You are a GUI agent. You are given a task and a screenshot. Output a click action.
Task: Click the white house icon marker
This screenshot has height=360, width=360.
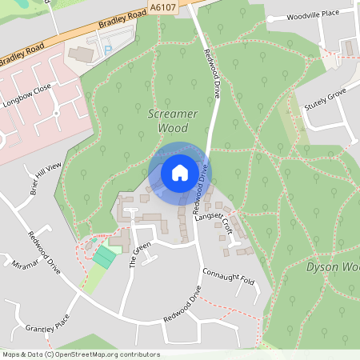pyautogui.click(x=179, y=172)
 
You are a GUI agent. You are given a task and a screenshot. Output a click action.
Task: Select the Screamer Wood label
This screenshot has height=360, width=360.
pyautogui.click(x=173, y=120)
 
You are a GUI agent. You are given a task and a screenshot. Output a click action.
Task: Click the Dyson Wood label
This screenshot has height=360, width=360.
pyautogui.click(x=333, y=266)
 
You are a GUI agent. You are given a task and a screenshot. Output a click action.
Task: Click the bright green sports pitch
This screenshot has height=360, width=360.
pyautogui.click(x=104, y=257)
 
